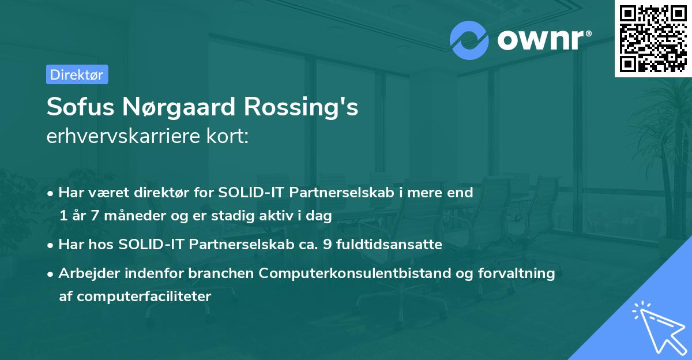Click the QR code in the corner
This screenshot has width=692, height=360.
tap(652, 38)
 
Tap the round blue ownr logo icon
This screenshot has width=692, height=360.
tap(469, 40)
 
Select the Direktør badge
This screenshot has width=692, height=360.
tap(77, 74)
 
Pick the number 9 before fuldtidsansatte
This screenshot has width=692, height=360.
tap(328, 245)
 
